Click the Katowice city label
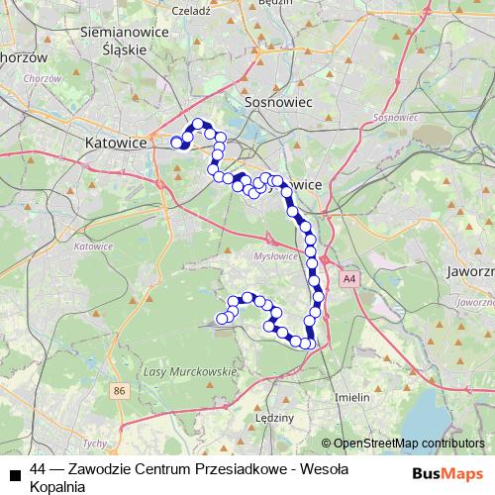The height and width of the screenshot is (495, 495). pos(116,143)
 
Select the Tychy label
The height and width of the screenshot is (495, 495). pos(95,444)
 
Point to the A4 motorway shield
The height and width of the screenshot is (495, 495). pos(348,280)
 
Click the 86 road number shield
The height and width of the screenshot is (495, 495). pos(120,392)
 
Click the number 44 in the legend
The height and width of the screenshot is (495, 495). pos(39,469)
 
